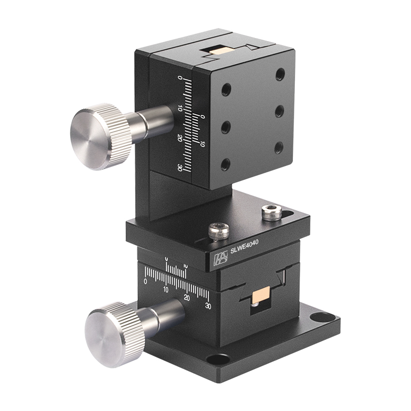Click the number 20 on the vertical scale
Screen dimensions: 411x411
click(179, 138)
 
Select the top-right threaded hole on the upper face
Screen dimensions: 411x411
click(279, 75)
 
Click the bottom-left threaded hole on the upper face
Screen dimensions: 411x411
click(225, 165)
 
